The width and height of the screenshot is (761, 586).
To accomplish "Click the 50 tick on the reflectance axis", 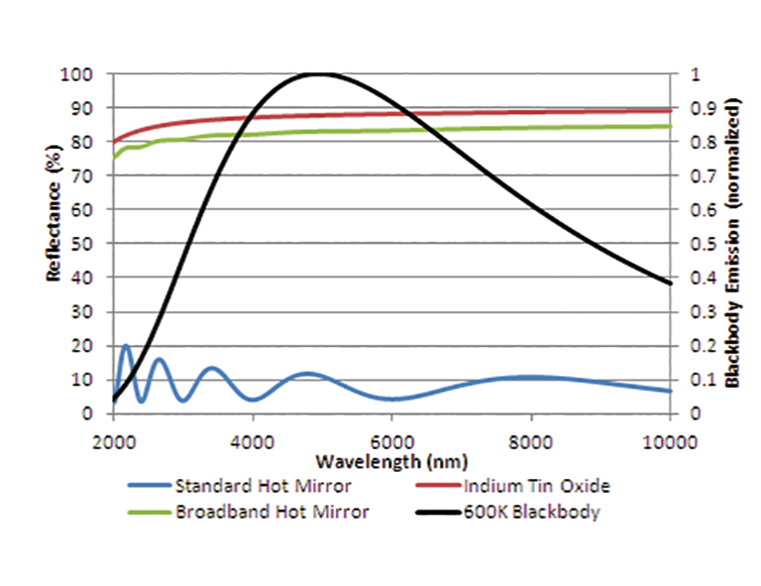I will pyautogui.click(x=83, y=244).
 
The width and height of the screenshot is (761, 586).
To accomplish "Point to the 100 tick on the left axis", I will pyautogui.click(x=79, y=74).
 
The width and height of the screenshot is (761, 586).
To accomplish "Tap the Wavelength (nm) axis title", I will pyautogui.click(x=391, y=462).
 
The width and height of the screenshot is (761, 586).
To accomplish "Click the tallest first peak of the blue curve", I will pyautogui.click(x=126, y=346).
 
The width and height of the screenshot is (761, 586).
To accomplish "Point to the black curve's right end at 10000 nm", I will pyautogui.click(x=670, y=283).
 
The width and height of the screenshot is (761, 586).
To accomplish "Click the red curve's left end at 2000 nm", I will pyautogui.click(x=115, y=142).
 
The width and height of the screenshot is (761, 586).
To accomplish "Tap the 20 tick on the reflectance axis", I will pyautogui.click(x=83, y=346).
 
